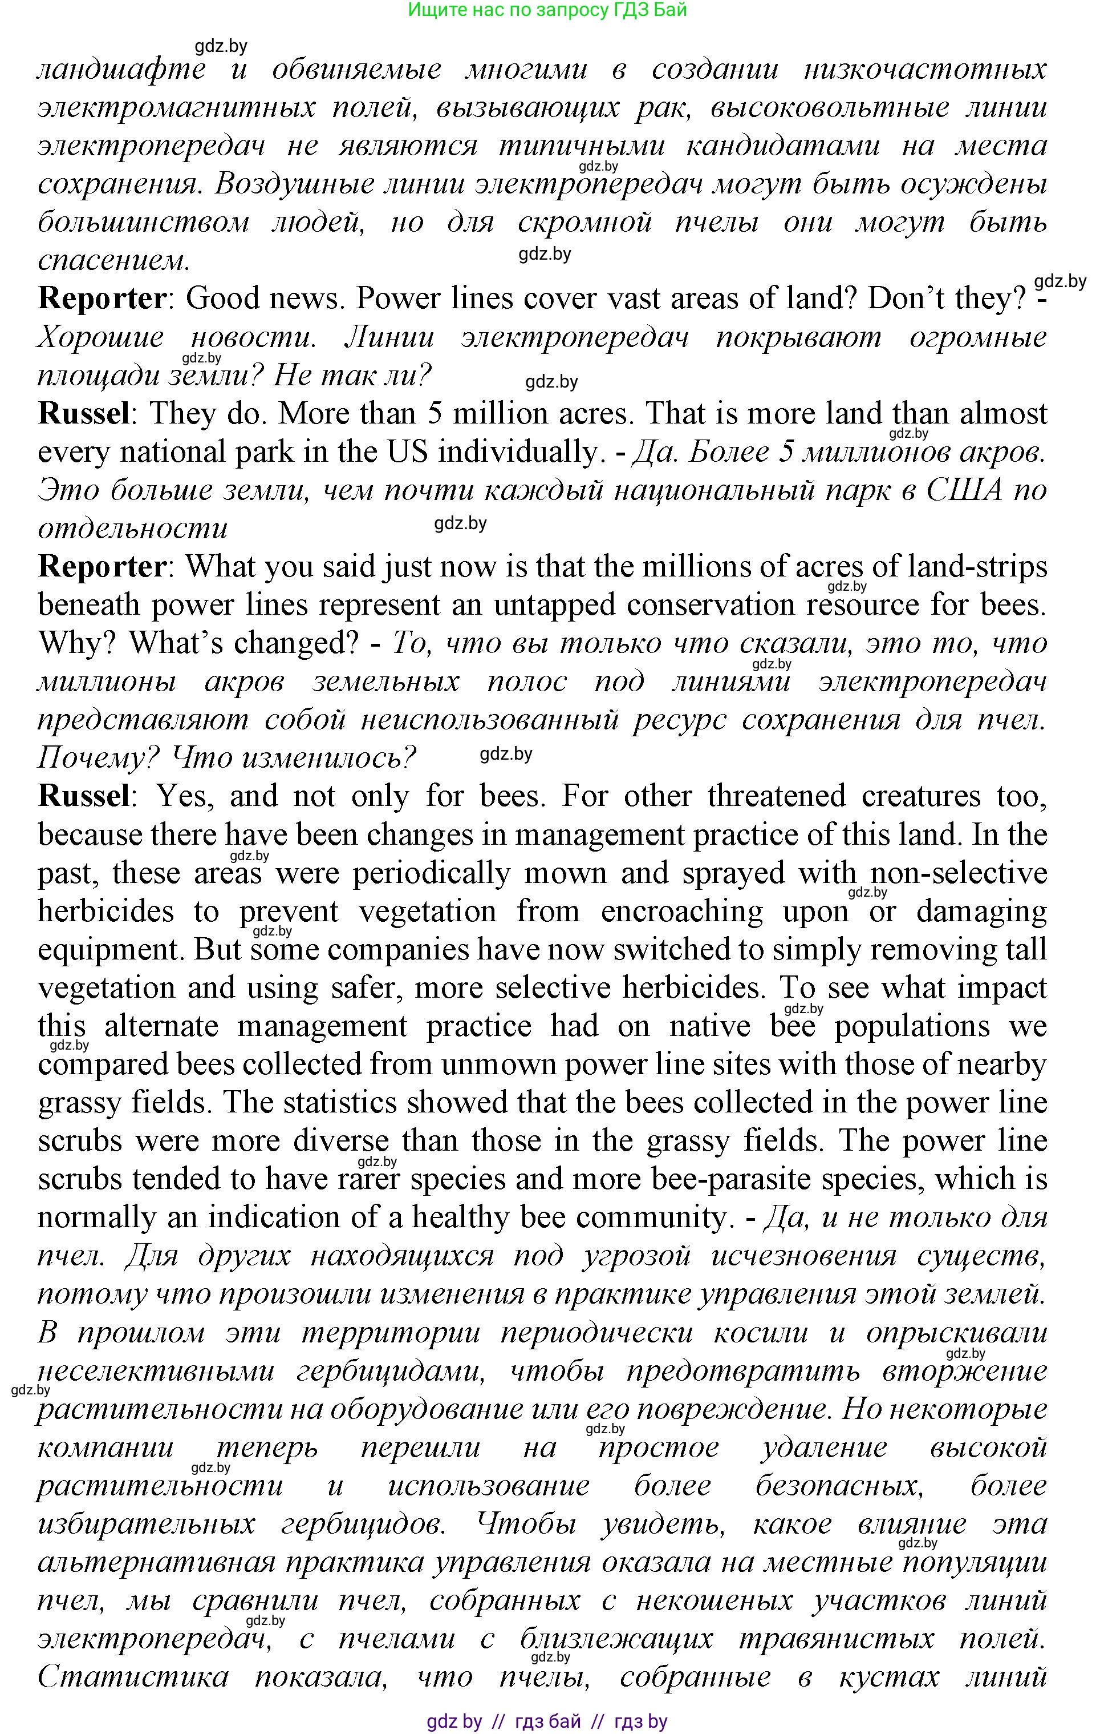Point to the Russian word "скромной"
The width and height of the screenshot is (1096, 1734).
click(x=584, y=223)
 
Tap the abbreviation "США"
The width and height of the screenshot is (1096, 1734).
click(x=964, y=490)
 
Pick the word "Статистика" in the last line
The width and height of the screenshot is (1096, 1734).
click(x=133, y=1677)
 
